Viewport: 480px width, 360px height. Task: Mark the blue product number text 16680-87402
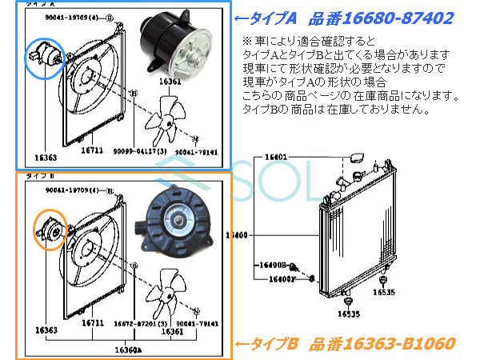click(x=394, y=16)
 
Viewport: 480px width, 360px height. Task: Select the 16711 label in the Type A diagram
click(x=92, y=150)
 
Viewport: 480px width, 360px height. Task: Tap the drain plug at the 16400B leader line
click(x=294, y=266)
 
